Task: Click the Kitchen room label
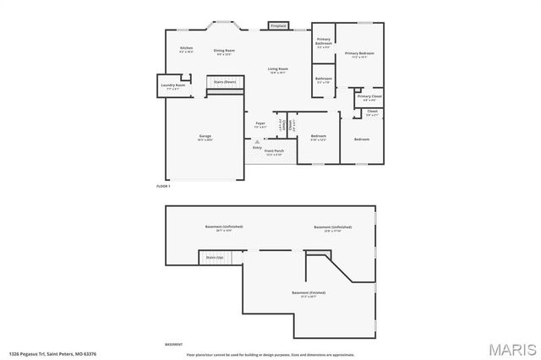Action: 187,49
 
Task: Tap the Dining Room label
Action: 224,51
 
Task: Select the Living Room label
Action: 279,69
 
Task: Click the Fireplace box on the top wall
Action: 278,26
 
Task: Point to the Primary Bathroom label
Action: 324,42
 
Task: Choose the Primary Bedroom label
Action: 359,54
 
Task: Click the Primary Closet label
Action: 369,97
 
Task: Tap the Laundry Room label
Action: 174,85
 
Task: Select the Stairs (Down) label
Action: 224,82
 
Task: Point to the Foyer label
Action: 260,124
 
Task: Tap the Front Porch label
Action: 274,151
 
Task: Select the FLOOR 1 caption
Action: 163,185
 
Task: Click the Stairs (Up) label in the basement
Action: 215,257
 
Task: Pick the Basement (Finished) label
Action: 309,293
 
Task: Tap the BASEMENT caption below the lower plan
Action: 173,344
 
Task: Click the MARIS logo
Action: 514,348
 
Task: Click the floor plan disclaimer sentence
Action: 270,354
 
